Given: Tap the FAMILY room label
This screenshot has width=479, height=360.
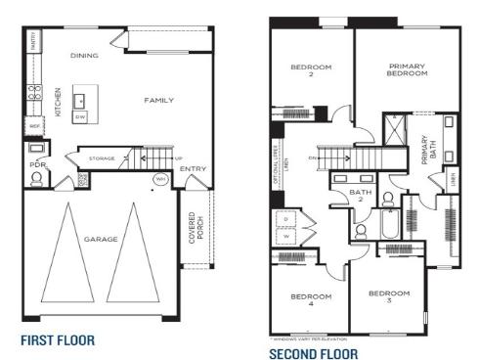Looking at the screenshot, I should click(158, 100).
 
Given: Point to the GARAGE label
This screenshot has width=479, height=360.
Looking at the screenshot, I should click(100, 239).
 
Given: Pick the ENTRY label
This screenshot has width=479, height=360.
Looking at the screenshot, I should click(194, 167).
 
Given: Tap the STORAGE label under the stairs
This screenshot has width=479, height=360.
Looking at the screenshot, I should click(102, 157).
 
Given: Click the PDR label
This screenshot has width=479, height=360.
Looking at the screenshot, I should click(38, 165).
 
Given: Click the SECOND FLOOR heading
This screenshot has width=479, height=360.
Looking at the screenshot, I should click(314, 353).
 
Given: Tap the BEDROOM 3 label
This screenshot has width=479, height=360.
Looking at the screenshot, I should click(388, 295).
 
